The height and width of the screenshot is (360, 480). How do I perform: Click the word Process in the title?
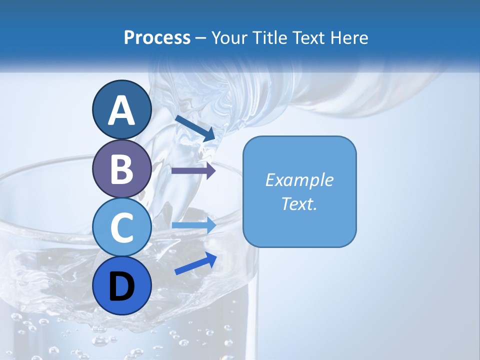157,38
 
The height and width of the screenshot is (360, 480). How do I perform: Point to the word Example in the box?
299,180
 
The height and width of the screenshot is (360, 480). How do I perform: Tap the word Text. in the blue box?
299,204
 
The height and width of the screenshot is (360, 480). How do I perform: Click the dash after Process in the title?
201,38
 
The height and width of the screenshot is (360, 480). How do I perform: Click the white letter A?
121,110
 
